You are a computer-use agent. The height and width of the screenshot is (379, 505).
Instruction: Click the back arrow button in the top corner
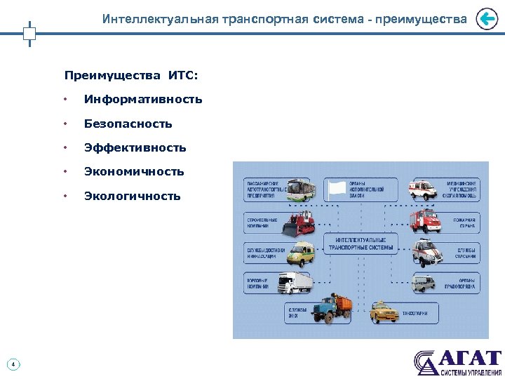486,20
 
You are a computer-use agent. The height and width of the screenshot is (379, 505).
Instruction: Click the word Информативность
143,100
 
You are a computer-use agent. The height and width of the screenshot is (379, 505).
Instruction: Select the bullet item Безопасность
128,124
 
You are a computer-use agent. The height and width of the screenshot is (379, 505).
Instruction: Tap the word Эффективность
135,147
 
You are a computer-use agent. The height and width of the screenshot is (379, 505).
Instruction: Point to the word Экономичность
134,171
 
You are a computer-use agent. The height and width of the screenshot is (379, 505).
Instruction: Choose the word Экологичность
132,196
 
